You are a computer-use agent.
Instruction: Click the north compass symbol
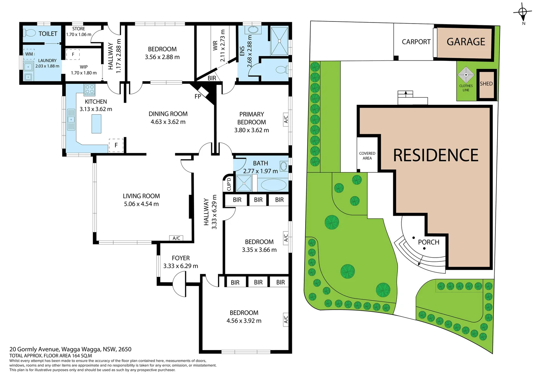click(x=523, y=12)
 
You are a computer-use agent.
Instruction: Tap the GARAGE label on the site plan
click(x=466, y=42)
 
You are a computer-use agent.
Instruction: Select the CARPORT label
click(x=416, y=42)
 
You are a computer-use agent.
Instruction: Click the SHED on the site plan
click(x=486, y=84)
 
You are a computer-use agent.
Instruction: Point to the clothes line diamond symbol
click(x=466, y=75)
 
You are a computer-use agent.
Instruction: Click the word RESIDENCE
click(x=436, y=155)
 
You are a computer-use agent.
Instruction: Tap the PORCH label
click(x=429, y=242)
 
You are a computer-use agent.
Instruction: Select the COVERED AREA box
click(x=367, y=154)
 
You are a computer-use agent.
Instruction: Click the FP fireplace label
click(x=198, y=96)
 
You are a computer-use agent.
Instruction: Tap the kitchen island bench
click(x=96, y=123)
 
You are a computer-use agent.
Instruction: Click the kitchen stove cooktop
click(x=89, y=89)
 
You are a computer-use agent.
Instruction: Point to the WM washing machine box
click(x=29, y=54)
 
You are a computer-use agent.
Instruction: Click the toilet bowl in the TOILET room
click(x=30, y=33)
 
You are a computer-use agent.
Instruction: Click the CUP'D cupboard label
click(x=229, y=184)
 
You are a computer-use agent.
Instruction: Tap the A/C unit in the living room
click(x=176, y=238)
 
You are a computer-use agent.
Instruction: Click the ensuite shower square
click(x=279, y=41)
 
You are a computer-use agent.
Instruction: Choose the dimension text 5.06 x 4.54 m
click(x=141, y=204)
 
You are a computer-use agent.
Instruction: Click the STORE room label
click(x=79, y=29)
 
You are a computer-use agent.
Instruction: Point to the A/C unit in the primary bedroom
click(x=286, y=119)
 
